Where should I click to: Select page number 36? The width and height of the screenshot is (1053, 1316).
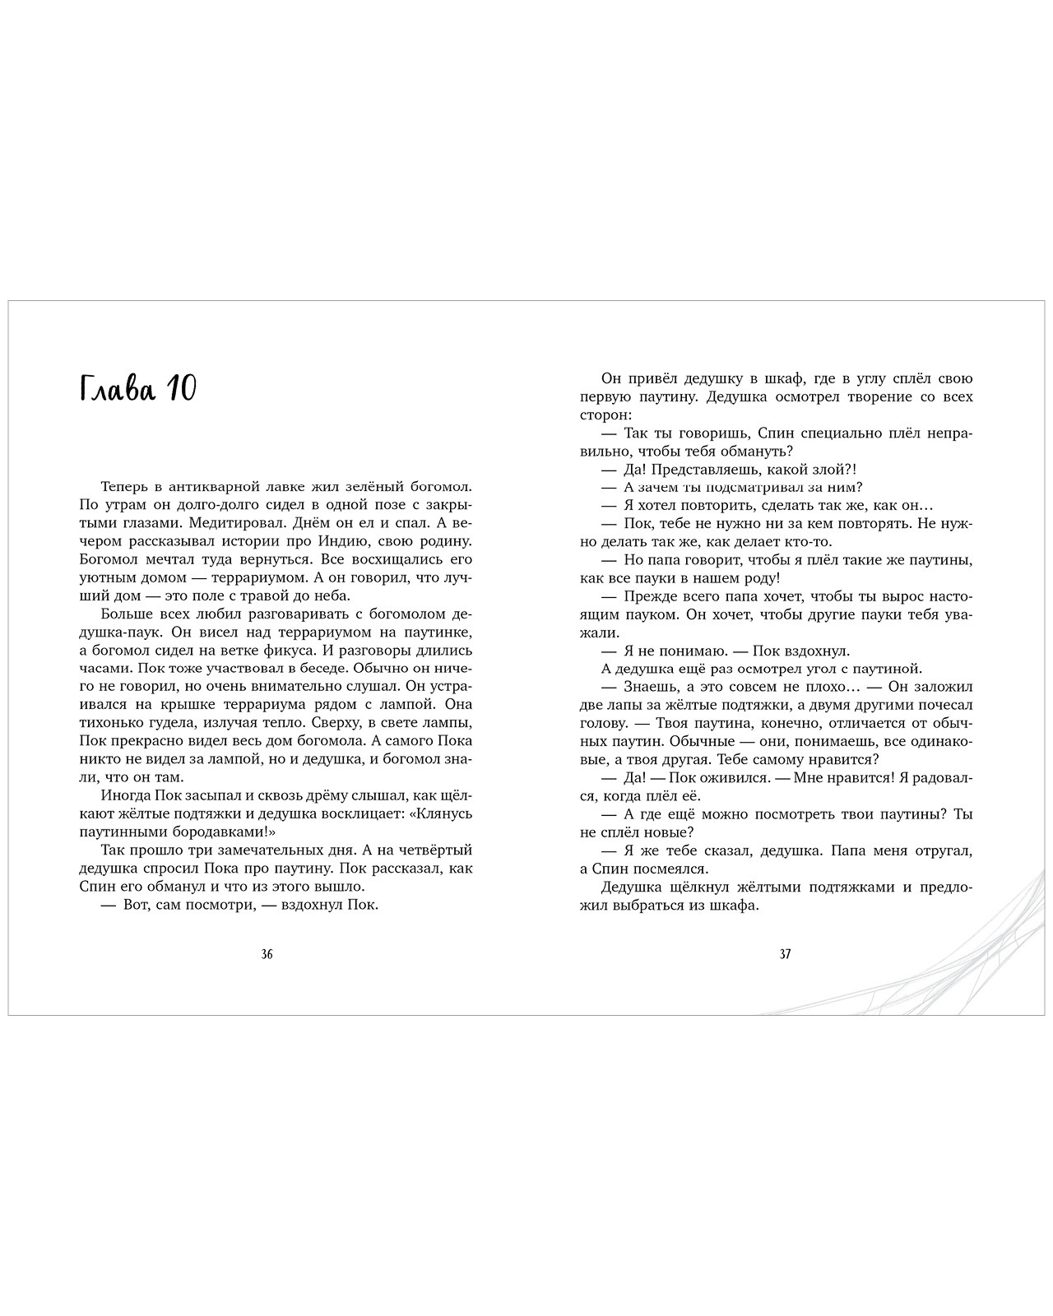(x=267, y=955)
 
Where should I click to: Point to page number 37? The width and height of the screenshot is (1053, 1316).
(x=785, y=955)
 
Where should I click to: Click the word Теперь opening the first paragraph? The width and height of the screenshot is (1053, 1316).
(x=127, y=486)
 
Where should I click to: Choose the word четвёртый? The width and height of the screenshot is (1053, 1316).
(x=437, y=850)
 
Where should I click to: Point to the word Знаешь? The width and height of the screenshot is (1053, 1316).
(x=652, y=686)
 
